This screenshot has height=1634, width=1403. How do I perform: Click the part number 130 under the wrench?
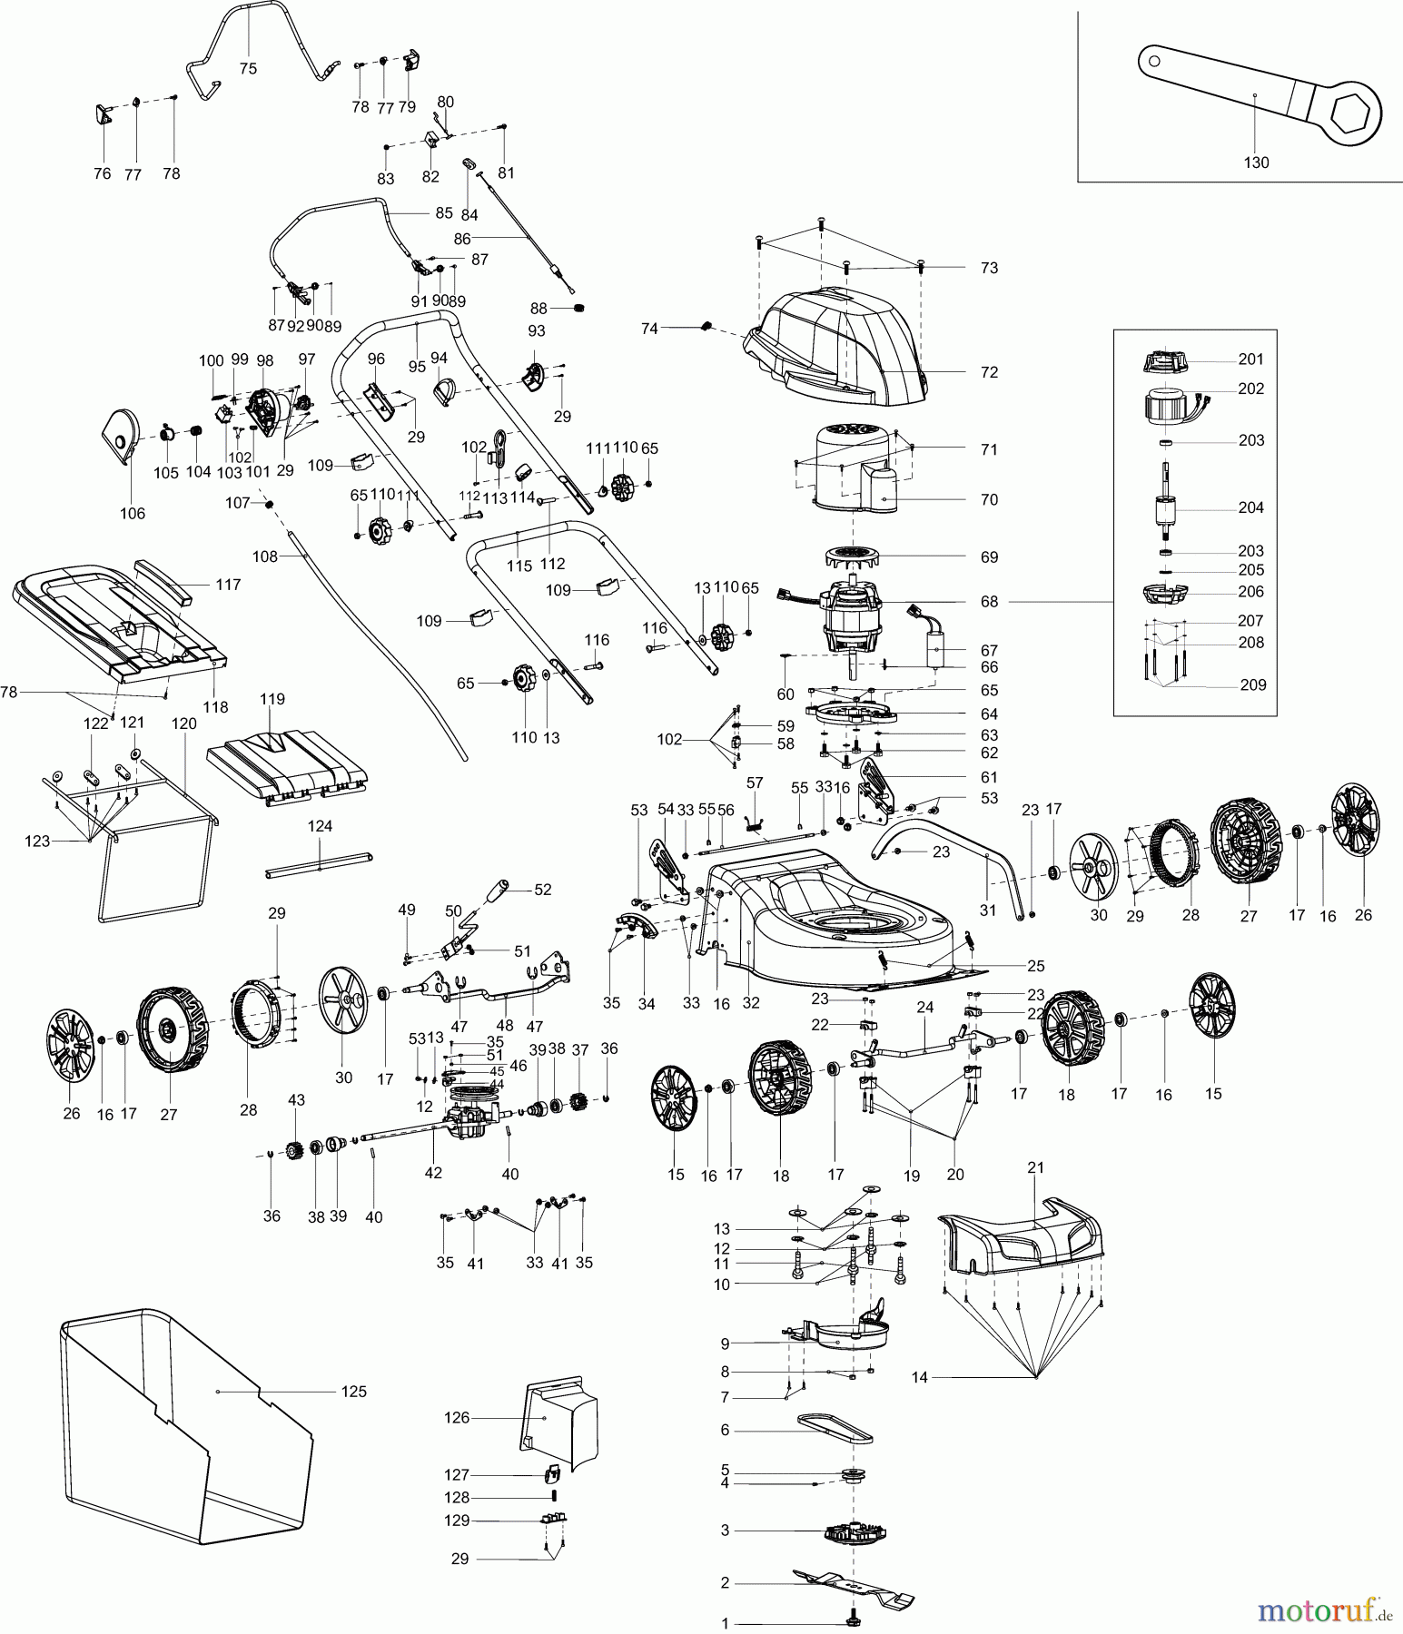(x=1256, y=162)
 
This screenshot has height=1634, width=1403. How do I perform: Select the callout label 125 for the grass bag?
(x=353, y=1392)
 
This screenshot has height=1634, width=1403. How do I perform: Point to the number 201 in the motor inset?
(x=1250, y=359)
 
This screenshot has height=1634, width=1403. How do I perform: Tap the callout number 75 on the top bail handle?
(x=248, y=68)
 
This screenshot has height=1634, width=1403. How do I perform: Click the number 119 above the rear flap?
(x=272, y=699)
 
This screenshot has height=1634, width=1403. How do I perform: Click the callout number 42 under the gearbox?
(x=433, y=1172)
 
